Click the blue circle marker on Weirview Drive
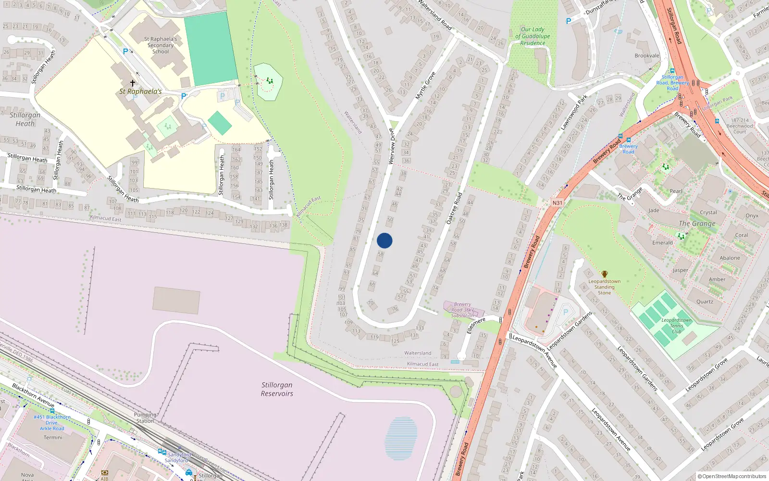point(384,240)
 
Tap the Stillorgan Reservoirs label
point(277,389)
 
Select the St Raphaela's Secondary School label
point(161,45)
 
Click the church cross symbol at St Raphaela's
point(133,83)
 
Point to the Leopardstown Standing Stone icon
point(605,274)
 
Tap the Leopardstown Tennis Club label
point(676,326)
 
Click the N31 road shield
point(557,203)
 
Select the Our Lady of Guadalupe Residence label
point(533,36)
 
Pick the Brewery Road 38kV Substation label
point(462,310)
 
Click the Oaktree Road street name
point(454,208)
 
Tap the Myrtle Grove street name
point(425,86)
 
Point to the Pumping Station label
point(145,418)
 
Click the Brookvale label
point(647,56)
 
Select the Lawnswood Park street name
point(574,113)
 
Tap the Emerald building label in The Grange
point(662,243)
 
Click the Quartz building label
point(705,302)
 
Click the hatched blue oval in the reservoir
point(401,438)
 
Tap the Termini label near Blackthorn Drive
point(53,438)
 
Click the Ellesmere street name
point(476,325)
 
